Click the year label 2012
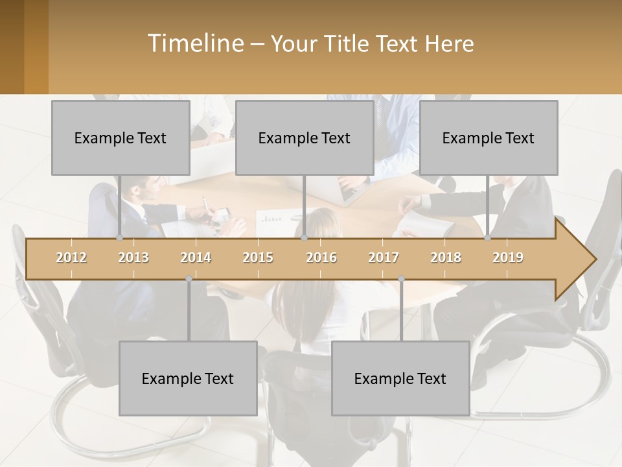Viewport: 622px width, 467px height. tap(71, 257)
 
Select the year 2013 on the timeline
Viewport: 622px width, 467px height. tap(133, 257)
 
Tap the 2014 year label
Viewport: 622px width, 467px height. tap(196, 257)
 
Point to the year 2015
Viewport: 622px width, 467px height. tap(258, 257)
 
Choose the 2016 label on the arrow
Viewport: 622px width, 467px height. tap(321, 257)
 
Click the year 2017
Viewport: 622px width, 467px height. tap(384, 257)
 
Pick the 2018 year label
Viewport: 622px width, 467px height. tap(446, 257)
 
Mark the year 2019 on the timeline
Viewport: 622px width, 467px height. tap(508, 257)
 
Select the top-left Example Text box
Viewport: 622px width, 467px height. tap(121, 138)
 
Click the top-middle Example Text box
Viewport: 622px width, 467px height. tap(305, 138)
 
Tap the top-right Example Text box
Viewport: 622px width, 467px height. tap(489, 138)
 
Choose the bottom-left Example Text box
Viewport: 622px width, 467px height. tap(188, 378)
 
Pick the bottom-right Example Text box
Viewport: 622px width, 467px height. tap(400, 378)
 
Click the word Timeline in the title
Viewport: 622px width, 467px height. tap(195, 43)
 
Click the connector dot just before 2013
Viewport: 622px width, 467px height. tap(120, 238)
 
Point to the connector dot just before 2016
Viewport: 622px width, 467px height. tap(304, 238)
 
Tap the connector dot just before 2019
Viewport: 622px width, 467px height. tap(488, 238)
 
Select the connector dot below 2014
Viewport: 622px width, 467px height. tap(189, 279)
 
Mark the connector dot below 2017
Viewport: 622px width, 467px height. tap(401, 279)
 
